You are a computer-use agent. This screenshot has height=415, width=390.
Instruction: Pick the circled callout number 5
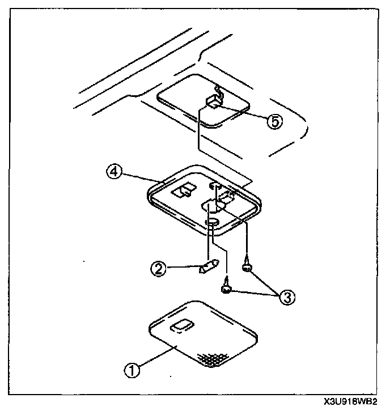click(x=274, y=122)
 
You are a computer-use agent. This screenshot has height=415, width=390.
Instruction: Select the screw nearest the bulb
click(x=226, y=287)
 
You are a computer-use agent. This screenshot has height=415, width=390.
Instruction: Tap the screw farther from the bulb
click(x=248, y=266)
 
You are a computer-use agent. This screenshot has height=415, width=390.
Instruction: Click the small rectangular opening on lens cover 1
click(x=181, y=325)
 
